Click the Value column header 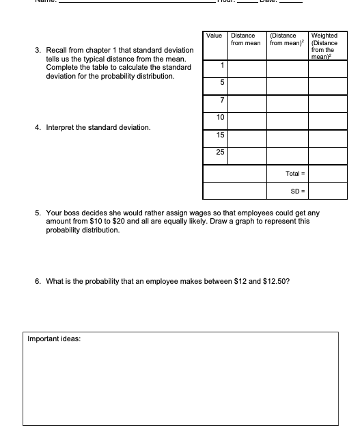point(214,35)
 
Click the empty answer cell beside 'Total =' point(329,174)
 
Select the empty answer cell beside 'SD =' point(329,191)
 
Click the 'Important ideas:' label point(54,338)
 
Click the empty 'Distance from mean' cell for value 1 point(247,68)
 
